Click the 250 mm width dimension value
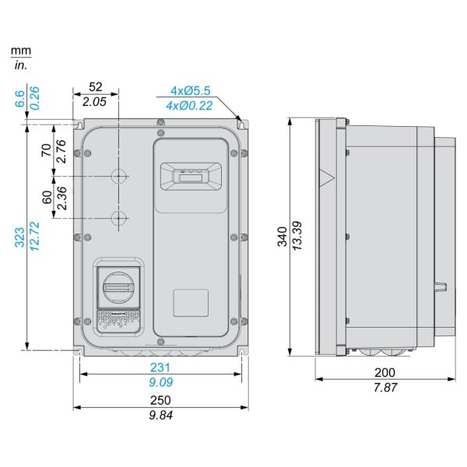[160, 400]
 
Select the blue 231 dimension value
[160, 367]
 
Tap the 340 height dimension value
[282, 237]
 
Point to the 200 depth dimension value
[384, 373]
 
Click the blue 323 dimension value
[19, 237]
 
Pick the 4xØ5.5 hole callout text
[191, 90]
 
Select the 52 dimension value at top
[96, 86]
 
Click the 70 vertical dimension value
[46, 150]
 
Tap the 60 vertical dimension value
[47, 197]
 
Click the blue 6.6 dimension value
[19, 99]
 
